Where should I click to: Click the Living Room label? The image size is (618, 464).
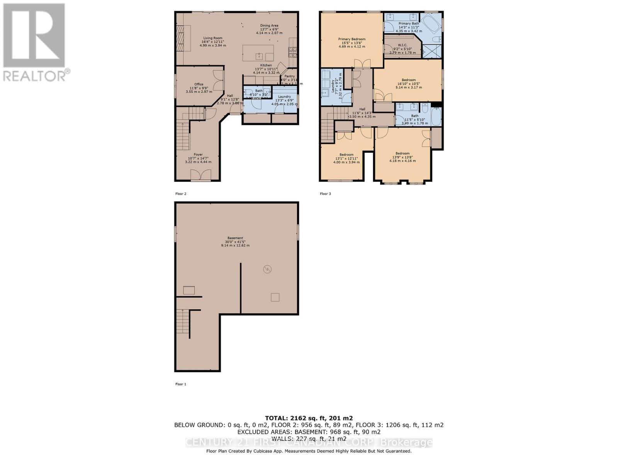[212, 38]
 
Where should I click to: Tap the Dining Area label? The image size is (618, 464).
[269, 26]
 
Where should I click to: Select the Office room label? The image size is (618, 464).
[199, 84]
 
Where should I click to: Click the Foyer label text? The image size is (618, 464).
[198, 155]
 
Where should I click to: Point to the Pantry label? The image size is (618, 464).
[289, 77]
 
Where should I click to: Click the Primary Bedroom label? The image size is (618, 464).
[351, 39]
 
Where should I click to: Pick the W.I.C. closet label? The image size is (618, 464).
[402, 45]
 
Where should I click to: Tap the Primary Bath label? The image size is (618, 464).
[409, 24]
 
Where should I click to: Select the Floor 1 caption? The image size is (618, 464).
[181, 384]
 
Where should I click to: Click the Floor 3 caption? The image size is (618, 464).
[325, 194]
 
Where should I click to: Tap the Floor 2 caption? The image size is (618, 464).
[181, 194]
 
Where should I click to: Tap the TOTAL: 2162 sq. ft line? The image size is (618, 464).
[309, 418]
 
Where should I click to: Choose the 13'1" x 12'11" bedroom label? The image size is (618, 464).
[346, 155]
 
